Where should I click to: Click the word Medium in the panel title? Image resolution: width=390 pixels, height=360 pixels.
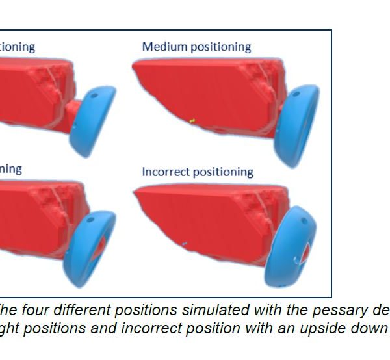(x=162, y=47)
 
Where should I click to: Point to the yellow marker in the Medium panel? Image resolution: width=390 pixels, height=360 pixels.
(x=192, y=120)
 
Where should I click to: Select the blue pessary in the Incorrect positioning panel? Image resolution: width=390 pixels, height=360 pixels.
(x=293, y=247)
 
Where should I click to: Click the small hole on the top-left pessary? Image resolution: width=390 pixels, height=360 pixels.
(x=93, y=95)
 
